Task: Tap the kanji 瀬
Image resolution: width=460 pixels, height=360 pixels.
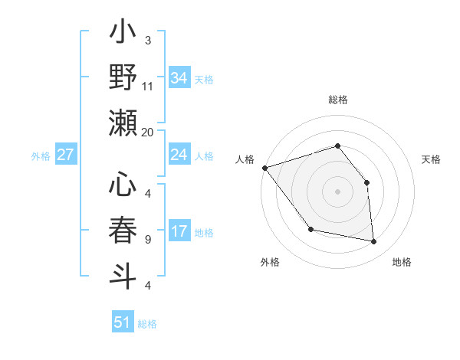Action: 123,123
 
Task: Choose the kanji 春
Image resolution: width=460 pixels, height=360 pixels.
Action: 123,230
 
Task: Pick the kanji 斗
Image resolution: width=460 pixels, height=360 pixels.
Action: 123,274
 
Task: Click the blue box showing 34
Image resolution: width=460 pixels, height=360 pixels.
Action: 179,77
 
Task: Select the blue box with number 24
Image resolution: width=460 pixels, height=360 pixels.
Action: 179,155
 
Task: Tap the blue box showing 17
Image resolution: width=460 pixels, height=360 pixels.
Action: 179,231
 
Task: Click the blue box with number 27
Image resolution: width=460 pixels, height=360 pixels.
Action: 65,155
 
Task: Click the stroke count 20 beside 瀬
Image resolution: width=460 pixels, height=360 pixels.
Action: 148,132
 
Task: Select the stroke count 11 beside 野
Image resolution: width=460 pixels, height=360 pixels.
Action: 148,86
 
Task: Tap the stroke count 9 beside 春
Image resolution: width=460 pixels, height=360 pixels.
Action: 148,239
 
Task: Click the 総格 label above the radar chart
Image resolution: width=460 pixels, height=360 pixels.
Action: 337,100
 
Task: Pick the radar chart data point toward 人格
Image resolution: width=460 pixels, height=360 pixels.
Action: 264,167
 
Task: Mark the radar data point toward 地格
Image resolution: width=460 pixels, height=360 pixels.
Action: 373,241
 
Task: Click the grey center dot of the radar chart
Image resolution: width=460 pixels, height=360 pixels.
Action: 337,191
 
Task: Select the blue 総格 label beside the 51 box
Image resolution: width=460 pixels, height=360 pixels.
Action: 147,324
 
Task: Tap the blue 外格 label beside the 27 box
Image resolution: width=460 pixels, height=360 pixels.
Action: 40,156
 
